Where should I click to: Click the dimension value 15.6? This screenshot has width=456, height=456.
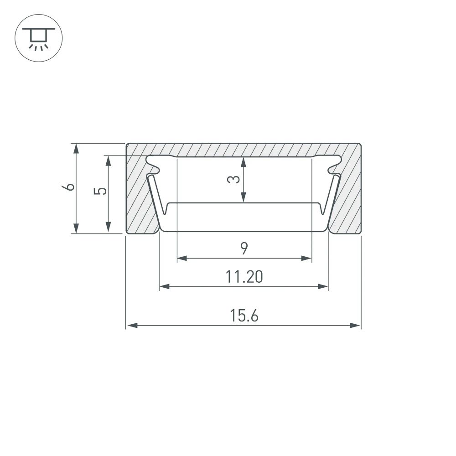click(244, 316)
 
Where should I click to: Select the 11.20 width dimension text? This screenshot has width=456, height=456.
click(244, 277)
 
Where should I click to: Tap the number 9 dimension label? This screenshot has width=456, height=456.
click(244, 249)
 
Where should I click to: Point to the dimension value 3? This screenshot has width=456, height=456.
click(233, 179)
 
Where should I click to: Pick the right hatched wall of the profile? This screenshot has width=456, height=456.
click(349, 196)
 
